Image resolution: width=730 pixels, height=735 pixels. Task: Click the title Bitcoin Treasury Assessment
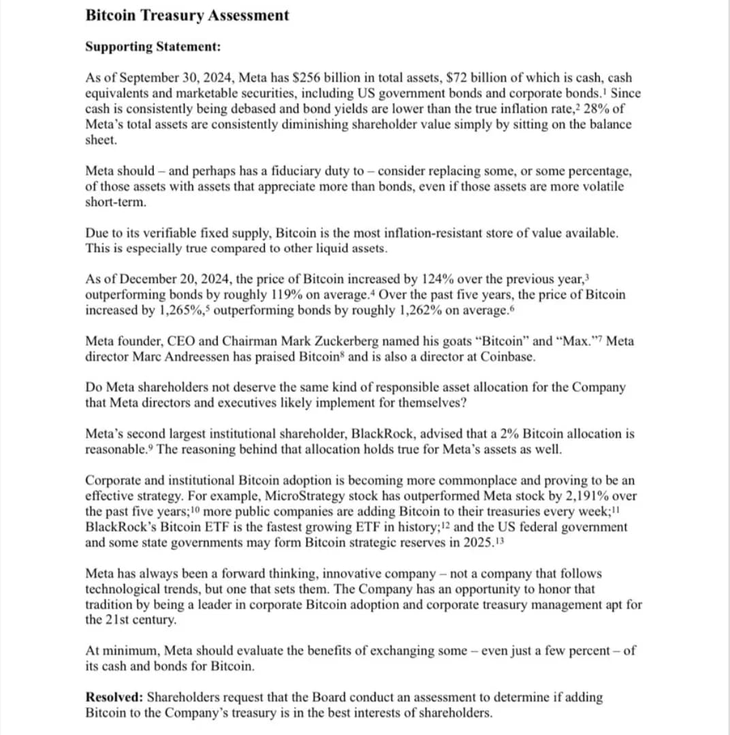coord(187,15)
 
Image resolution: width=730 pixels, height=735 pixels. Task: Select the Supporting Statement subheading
coord(153,47)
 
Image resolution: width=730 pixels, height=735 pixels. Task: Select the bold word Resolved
coord(114,697)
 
